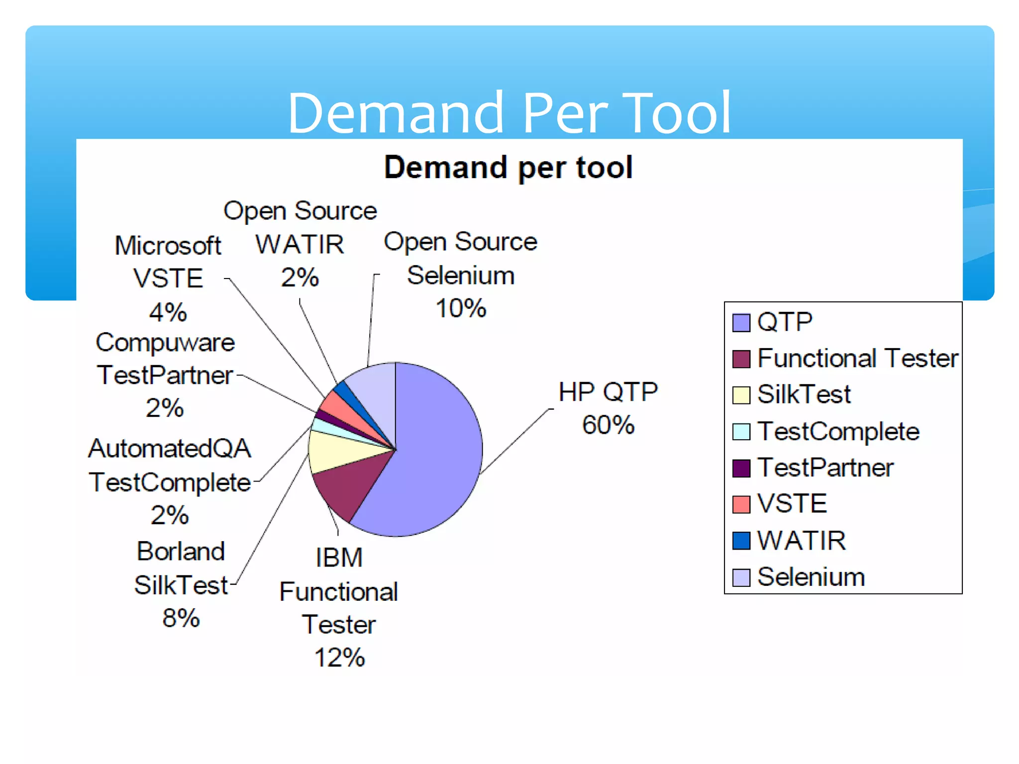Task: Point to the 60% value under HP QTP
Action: point(608,425)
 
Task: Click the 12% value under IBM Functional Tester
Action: point(339,658)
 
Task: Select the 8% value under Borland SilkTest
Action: point(181,618)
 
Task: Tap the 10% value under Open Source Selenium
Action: point(461,308)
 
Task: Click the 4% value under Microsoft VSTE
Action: point(168,312)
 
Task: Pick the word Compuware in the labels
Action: point(165,343)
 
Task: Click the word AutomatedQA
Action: point(170,449)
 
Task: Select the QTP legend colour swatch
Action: point(741,322)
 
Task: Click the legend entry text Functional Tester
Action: point(857,358)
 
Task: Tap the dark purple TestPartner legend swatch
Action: point(741,468)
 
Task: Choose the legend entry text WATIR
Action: point(801,541)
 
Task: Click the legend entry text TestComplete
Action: point(838,431)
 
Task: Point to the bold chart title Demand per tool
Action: point(508,167)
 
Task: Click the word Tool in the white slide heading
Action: point(676,113)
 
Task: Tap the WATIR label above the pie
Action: point(300,244)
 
